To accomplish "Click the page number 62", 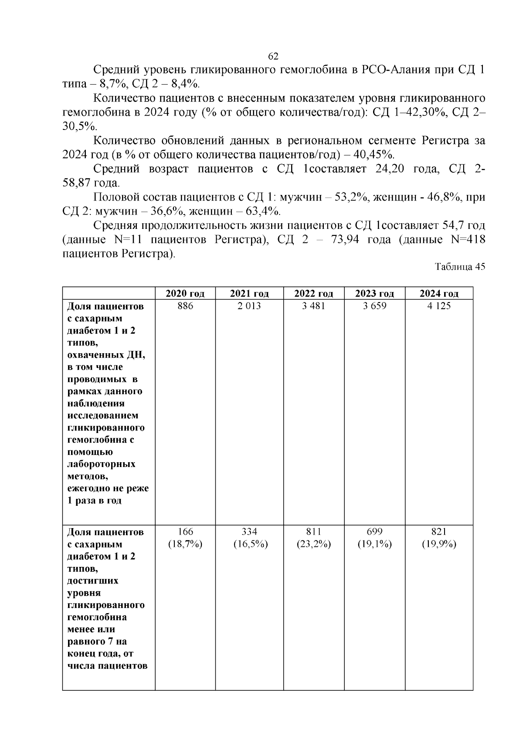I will tap(273, 57).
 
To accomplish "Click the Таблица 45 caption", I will tap(460, 267).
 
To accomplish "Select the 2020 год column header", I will tap(185, 293).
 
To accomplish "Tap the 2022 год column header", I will tap(313, 293).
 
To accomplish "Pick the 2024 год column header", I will tap(439, 293).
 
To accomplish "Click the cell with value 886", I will tap(185, 306).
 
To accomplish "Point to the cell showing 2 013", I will tap(249, 306).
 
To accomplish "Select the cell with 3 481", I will tap(313, 306).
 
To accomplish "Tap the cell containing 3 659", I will tap(374, 306).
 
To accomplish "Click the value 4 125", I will tap(439, 306).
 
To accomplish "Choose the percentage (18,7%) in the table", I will tap(185, 544).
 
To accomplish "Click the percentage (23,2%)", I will tap(313, 544).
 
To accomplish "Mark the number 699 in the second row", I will tap(374, 532).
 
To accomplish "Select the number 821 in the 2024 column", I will tap(439, 532).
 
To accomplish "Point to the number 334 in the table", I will tap(249, 532).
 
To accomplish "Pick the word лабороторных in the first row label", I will tap(101, 464).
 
